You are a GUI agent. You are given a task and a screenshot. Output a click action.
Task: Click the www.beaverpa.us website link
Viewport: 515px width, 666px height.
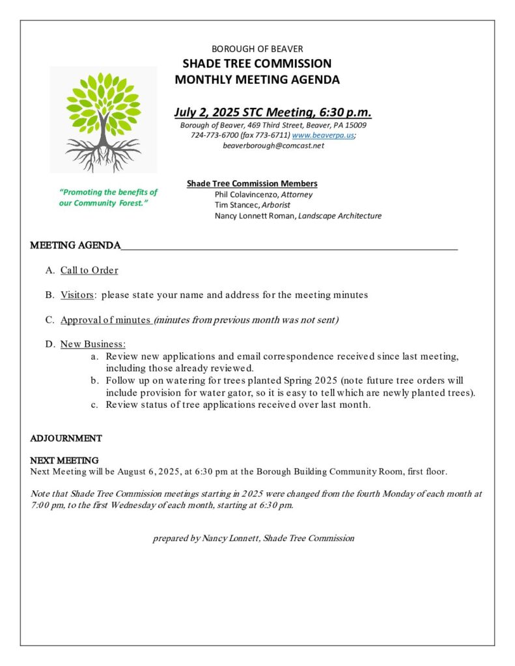(323, 135)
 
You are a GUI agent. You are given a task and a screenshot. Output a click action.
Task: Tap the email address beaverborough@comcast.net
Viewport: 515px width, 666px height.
(273, 146)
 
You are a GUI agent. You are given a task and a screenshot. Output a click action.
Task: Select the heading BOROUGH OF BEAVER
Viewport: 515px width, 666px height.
(257, 49)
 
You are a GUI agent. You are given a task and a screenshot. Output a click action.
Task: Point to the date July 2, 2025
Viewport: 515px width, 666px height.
(206, 112)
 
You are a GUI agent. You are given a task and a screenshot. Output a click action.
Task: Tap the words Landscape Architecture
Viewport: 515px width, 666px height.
(340, 216)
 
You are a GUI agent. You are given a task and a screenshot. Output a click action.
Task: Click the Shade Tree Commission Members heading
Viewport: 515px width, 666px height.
(252, 183)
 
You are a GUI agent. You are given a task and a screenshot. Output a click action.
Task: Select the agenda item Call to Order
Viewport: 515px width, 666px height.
(89, 270)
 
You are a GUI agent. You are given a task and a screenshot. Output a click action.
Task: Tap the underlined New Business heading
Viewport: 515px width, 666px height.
(92, 344)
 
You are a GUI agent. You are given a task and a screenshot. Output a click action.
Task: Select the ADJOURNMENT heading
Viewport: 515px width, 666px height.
(66, 438)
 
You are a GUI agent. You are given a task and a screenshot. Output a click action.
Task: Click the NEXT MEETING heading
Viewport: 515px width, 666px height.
(64, 460)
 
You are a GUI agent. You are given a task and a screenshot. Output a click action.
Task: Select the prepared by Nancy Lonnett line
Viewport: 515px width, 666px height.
(253, 538)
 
